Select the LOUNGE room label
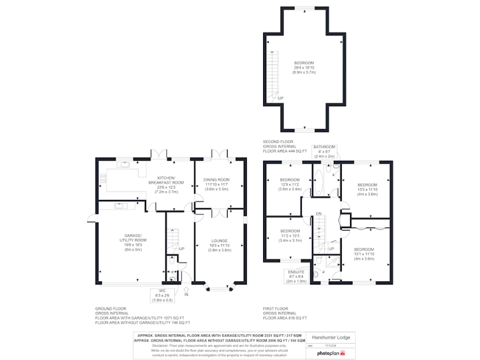click(219, 245)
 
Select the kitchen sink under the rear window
click(124, 166)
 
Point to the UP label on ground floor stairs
click(181, 249)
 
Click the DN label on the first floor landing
click(318, 214)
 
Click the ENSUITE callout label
click(296, 276)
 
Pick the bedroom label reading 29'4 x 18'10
click(304, 67)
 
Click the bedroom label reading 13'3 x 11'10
click(367, 189)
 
